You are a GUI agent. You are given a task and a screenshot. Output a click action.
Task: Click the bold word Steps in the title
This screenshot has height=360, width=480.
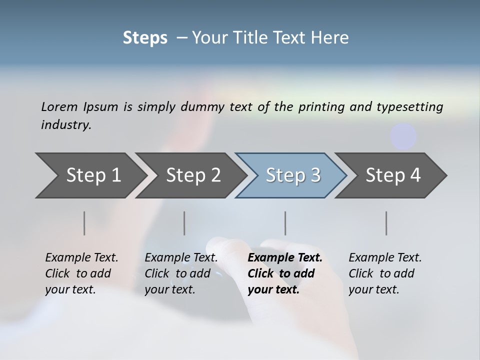[145, 38]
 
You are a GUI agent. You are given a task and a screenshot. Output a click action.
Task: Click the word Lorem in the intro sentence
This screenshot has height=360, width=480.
[58, 106]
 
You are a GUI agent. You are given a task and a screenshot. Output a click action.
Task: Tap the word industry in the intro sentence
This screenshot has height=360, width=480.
[66, 124]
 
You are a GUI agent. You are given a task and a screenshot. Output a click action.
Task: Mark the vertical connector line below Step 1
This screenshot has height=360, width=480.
[84, 223]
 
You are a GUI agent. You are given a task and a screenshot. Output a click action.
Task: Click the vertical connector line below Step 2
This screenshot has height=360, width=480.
[184, 223]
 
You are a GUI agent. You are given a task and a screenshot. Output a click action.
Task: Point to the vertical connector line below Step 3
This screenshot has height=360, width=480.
[285, 223]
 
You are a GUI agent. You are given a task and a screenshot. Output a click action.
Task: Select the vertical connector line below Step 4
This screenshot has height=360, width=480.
[386, 223]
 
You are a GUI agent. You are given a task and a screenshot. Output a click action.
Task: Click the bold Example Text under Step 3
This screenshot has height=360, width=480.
[285, 258]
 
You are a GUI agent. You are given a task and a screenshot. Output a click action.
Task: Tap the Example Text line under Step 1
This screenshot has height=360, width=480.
[81, 258]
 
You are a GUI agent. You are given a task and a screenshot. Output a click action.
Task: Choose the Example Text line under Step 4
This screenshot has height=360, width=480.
[385, 258]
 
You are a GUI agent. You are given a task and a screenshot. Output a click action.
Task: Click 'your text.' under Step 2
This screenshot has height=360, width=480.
[169, 289]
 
